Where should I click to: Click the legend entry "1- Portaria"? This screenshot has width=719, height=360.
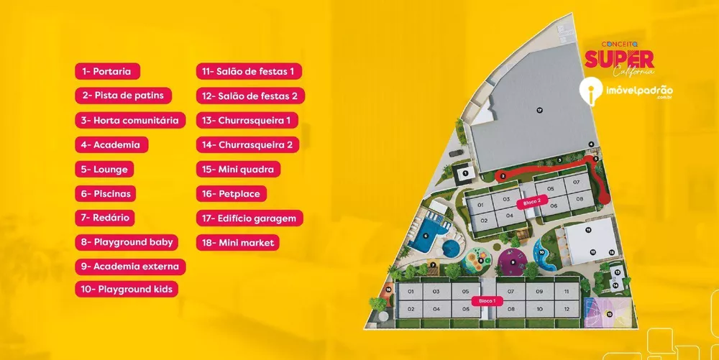click(x=107, y=71)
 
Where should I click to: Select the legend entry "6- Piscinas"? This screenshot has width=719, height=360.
click(x=107, y=193)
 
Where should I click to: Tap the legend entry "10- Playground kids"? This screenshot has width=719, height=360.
click(x=127, y=290)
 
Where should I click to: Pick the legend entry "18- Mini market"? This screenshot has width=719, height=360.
click(x=238, y=243)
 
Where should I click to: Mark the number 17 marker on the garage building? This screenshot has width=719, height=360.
click(x=539, y=111)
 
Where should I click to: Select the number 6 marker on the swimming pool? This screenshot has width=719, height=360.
click(x=426, y=235)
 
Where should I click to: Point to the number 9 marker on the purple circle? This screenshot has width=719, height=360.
click(x=513, y=262)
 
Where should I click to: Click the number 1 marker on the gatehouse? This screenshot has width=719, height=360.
click(x=466, y=173)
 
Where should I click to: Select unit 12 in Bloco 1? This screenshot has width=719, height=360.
click(x=567, y=310)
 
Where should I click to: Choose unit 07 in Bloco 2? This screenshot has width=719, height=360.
click(x=577, y=183)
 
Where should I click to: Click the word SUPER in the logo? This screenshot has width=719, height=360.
click(x=619, y=59)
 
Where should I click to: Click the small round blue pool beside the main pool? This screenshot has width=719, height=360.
click(x=451, y=248)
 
